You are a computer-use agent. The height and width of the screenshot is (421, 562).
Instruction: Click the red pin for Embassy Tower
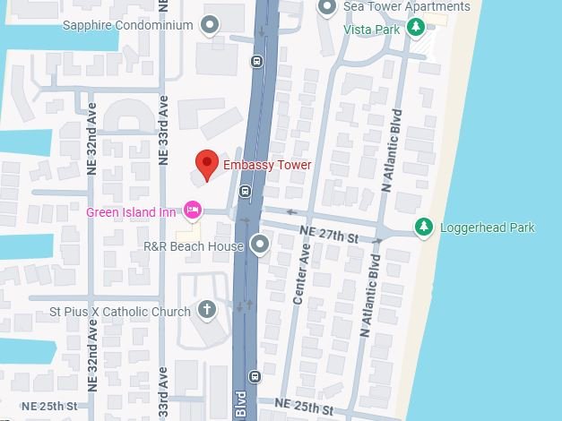pos(207,165)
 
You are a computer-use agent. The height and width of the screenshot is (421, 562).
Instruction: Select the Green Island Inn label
pos(132,211)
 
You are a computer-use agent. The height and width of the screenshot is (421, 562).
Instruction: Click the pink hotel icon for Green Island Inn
pos(191,210)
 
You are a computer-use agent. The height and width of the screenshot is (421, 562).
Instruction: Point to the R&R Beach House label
pos(195,245)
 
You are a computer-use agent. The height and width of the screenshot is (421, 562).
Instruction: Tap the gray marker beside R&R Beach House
pos(260,244)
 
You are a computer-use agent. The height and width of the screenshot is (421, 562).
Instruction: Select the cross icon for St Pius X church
pos(207,311)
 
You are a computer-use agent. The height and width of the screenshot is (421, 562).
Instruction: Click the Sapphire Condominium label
pos(127,25)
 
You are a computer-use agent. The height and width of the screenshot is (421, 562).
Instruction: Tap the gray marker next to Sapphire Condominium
pos(211,25)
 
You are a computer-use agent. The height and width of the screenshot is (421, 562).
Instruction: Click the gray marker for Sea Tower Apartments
pos(327,8)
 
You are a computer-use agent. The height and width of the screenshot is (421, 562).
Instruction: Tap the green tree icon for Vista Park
pos(415,28)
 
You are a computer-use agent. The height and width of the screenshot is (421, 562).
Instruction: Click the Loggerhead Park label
pos(487,228)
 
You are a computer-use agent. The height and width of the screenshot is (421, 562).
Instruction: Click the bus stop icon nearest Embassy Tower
pos(245,191)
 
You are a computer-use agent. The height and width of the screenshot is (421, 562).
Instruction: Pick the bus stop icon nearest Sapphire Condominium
pos(257,62)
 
